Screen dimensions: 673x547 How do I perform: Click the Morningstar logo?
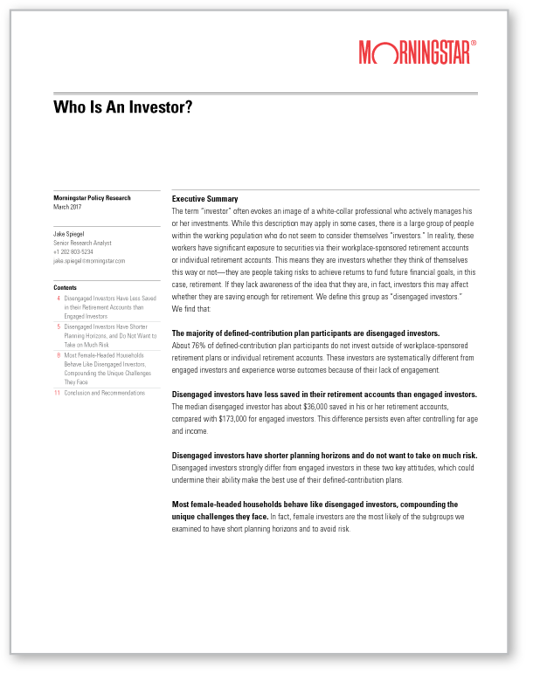[x=415, y=52]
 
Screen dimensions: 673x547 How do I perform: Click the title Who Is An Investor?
[x=122, y=107]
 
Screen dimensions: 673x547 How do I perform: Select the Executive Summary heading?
[x=204, y=199]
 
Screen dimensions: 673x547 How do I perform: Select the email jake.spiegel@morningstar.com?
[x=90, y=260]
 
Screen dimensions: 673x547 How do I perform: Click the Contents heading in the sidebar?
[x=66, y=287]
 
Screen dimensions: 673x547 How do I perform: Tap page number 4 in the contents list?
[x=59, y=299]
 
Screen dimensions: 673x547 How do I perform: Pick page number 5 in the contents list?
[x=59, y=326]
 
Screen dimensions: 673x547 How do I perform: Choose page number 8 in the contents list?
[x=59, y=355]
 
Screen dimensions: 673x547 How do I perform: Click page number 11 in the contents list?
[x=58, y=394]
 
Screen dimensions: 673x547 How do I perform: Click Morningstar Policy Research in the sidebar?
[x=92, y=198]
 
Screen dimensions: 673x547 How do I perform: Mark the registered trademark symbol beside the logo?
[x=474, y=42]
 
